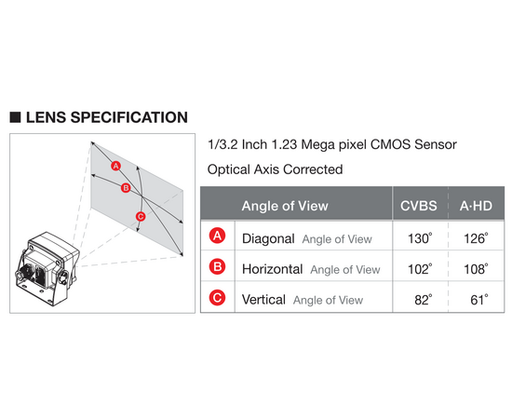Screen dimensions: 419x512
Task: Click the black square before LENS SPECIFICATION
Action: pos(15,117)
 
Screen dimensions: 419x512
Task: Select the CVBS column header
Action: pos(420,206)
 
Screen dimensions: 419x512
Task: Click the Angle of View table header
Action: pos(285,206)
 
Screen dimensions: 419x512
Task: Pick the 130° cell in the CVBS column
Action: pos(420,237)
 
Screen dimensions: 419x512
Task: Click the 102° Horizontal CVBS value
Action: pos(420,268)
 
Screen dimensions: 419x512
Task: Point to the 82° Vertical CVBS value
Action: pos(422,299)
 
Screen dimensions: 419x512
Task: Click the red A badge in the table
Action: pos(218,237)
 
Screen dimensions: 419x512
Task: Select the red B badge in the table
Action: pos(218,268)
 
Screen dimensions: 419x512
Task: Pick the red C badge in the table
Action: pos(218,299)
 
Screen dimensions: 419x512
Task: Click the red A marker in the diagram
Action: pos(115,166)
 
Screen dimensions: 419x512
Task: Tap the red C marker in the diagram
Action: pos(140,217)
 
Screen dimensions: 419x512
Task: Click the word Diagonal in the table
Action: pos(268,238)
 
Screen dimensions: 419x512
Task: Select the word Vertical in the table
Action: pos(264,300)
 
